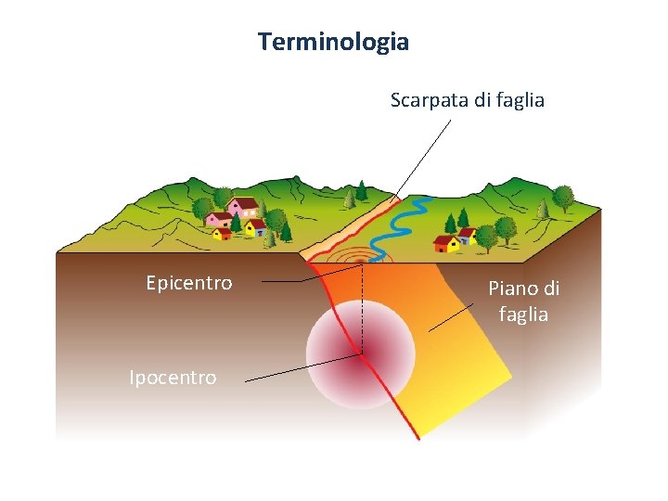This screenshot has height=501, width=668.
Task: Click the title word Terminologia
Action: click(x=333, y=42)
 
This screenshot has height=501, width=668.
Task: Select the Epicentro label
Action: click(x=189, y=283)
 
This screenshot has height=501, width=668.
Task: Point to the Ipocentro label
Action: click(x=173, y=378)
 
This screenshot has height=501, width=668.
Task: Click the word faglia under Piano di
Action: click(x=523, y=315)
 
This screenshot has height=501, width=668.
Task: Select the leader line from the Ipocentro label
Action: click(x=297, y=368)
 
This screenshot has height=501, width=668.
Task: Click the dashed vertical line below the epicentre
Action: click(x=363, y=306)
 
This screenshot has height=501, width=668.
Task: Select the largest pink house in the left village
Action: click(x=242, y=207)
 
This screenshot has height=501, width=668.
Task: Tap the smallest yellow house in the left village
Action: click(x=223, y=232)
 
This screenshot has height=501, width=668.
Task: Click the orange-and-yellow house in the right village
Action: click(x=447, y=244)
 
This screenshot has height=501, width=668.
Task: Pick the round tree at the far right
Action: click(x=562, y=197)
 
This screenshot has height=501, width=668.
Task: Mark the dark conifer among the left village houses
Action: click(x=236, y=222)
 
